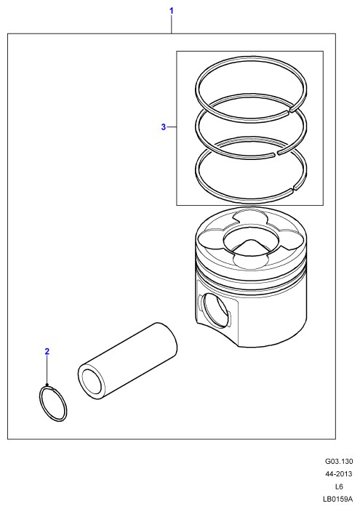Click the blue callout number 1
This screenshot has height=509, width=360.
[x=172, y=11]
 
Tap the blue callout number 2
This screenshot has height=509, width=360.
[x=47, y=351]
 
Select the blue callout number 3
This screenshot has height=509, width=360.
[x=164, y=127]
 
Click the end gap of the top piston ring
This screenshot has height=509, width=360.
[x=290, y=111]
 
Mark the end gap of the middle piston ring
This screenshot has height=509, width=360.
[x=276, y=154]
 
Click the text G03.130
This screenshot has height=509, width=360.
[x=339, y=461]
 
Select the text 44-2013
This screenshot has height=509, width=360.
[x=339, y=474]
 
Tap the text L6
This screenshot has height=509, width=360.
[x=339, y=486]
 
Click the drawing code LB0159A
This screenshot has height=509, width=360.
[x=337, y=499]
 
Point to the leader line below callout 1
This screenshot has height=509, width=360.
[x=172, y=25]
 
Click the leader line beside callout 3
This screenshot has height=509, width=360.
[x=172, y=127]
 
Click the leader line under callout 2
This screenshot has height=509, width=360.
[x=47, y=370]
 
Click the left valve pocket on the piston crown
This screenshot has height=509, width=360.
[x=210, y=239]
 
